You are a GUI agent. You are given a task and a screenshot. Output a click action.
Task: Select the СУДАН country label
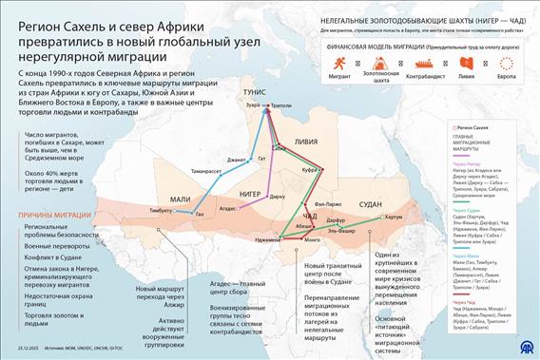pos(371,203)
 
